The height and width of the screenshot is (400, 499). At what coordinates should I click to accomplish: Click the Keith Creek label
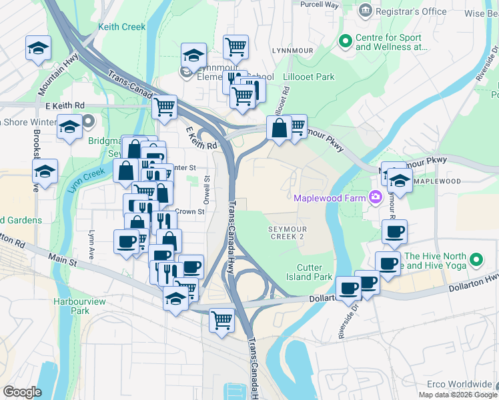121,27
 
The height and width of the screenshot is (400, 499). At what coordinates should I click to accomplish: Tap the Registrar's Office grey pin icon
365,11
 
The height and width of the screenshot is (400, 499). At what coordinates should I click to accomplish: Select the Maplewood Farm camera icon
375,197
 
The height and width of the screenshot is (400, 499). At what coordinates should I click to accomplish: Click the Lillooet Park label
309,77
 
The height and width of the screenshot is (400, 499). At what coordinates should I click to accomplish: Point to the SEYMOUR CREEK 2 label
286,233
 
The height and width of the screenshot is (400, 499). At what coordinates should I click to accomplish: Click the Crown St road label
190,211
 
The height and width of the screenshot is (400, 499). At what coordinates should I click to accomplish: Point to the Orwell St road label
207,187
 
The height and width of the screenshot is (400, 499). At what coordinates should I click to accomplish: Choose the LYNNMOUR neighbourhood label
292,50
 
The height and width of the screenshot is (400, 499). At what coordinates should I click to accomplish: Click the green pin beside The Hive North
476,260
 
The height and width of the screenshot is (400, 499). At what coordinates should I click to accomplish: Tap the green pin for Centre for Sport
345,42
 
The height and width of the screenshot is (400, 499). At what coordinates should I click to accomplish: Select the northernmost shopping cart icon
235,46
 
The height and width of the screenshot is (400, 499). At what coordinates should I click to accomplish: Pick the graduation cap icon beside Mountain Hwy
39,47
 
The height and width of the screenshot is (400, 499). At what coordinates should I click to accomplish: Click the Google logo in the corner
22,391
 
